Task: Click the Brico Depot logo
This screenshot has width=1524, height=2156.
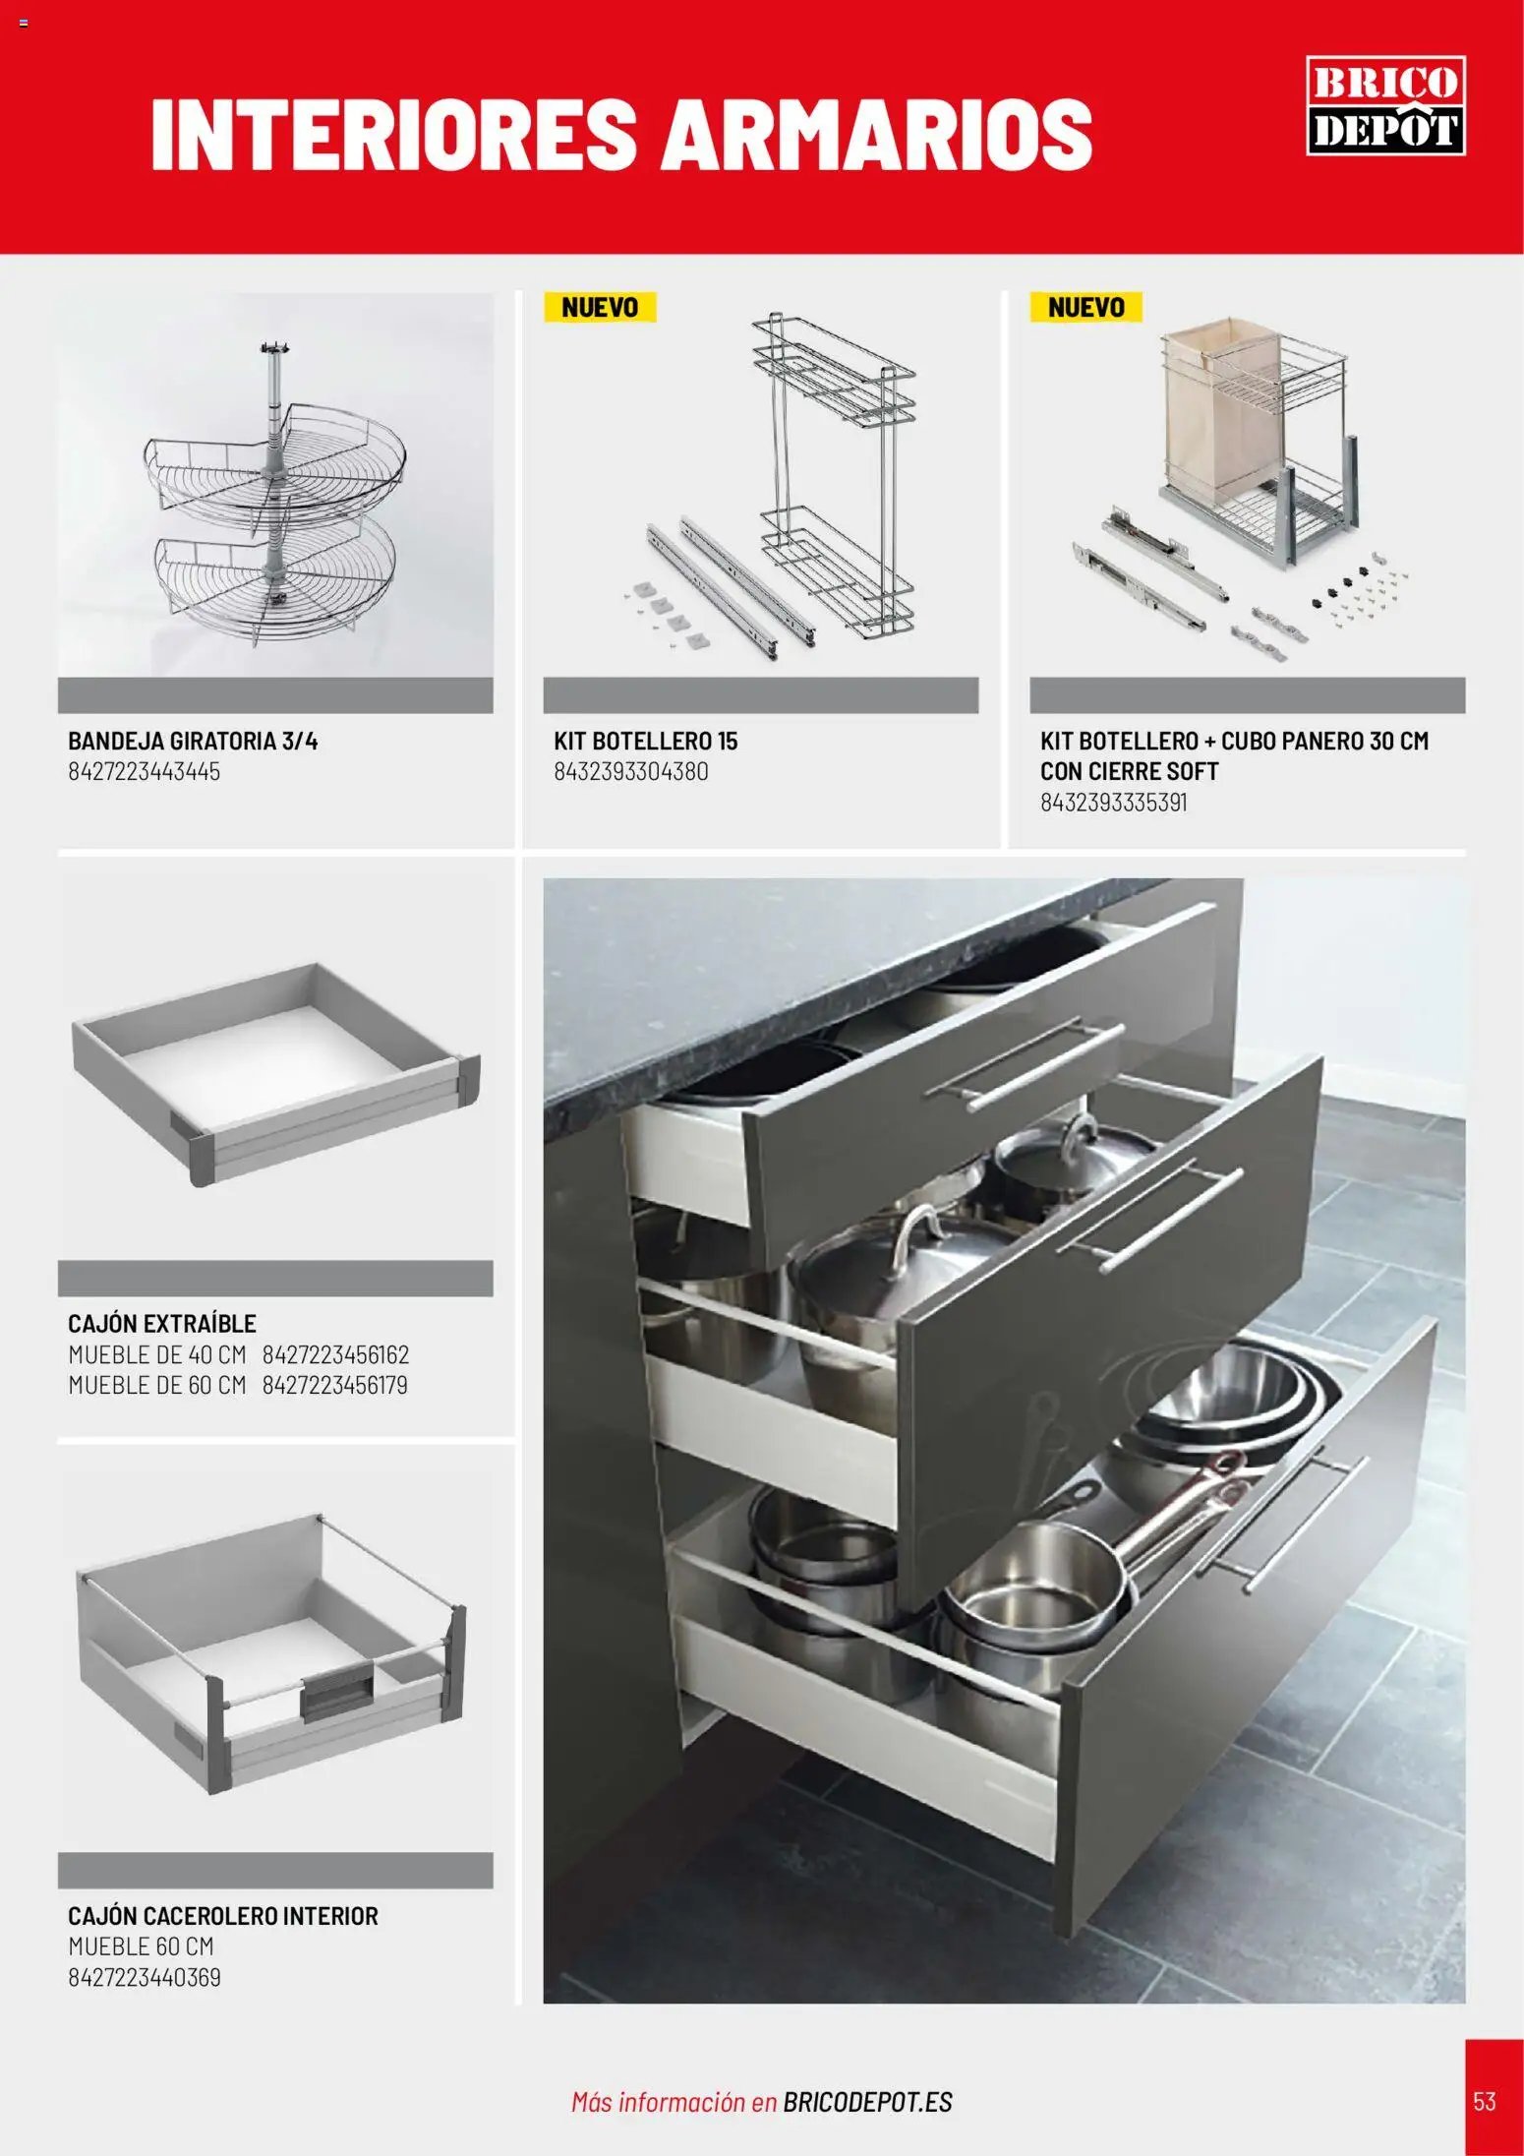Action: click(1385, 105)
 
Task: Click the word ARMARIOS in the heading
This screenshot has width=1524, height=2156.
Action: click(876, 133)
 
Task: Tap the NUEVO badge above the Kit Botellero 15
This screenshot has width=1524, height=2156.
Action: click(600, 307)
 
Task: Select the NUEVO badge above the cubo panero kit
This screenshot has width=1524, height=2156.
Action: click(1085, 307)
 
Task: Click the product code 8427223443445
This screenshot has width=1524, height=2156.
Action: click(144, 771)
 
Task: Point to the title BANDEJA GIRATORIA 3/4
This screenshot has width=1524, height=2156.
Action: click(193, 741)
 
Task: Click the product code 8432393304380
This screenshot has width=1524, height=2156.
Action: click(630, 771)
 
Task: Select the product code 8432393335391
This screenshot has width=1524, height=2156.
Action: click(1114, 802)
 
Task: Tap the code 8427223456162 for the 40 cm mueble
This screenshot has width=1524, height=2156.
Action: click(335, 1354)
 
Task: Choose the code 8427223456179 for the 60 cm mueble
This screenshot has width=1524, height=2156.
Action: click(335, 1385)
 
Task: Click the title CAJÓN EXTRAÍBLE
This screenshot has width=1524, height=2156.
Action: click(162, 1323)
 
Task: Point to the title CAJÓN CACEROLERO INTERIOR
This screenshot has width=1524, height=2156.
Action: click(223, 1916)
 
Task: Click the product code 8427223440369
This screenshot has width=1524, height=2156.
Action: click(145, 1977)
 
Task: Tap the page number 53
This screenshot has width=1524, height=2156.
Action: click(1484, 2102)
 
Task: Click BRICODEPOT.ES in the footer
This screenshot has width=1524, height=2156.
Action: click(868, 2103)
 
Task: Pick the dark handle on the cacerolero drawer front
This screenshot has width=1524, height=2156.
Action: click(336, 1696)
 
